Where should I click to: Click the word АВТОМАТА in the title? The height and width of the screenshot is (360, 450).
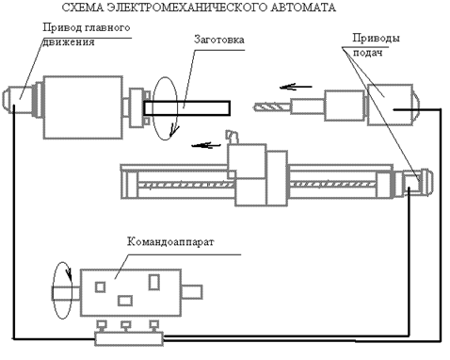click(x=303, y=8)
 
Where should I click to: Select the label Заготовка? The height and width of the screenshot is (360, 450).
click(x=219, y=40)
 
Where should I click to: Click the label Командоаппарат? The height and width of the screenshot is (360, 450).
click(x=170, y=242)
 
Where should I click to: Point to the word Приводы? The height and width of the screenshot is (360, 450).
click(x=376, y=39)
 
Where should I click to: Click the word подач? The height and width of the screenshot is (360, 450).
click(x=368, y=52)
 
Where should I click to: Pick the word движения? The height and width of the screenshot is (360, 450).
click(x=68, y=42)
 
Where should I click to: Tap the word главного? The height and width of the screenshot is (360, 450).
click(x=107, y=27)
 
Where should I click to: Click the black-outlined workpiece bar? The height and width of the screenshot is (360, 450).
click(x=187, y=108)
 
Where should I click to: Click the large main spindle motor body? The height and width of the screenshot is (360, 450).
click(x=83, y=107)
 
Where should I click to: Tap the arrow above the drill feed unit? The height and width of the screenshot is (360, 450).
click(x=296, y=87)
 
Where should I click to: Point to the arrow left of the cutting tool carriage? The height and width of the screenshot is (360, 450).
click(x=206, y=145)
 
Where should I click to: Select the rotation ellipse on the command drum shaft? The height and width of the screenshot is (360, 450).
click(x=53, y=290)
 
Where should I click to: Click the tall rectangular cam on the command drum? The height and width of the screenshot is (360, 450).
click(x=153, y=282)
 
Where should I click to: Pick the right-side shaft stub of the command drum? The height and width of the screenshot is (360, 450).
click(x=191, y=292)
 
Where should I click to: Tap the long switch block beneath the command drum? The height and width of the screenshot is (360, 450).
click(x=129, y=339)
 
